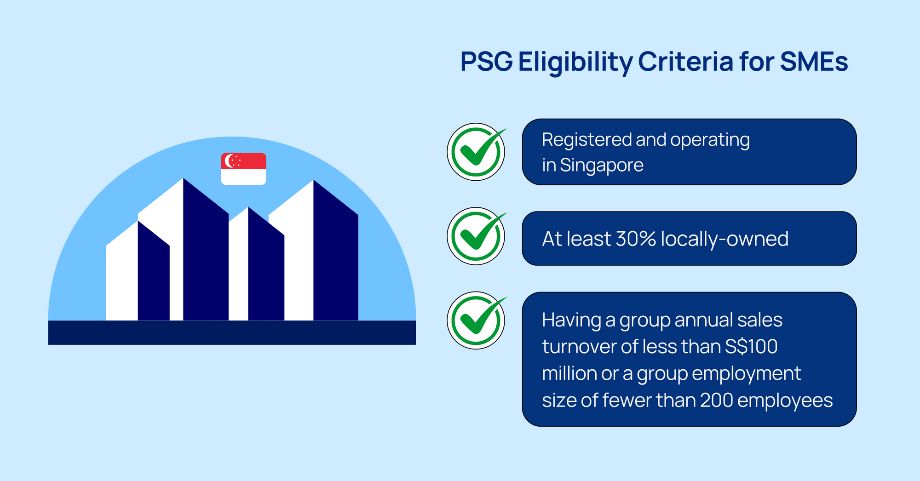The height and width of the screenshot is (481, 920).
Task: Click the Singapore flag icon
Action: coord(244,169)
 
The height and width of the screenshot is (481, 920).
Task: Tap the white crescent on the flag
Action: coord(228,161)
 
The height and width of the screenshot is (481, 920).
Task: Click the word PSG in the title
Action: coord(487,62)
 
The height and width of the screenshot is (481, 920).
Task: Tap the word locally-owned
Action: coord(724,240)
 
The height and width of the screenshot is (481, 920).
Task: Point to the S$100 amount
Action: coord(751,347)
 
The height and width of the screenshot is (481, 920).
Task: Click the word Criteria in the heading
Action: coord(685,62)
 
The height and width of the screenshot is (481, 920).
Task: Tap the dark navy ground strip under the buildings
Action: coord(232,332)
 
